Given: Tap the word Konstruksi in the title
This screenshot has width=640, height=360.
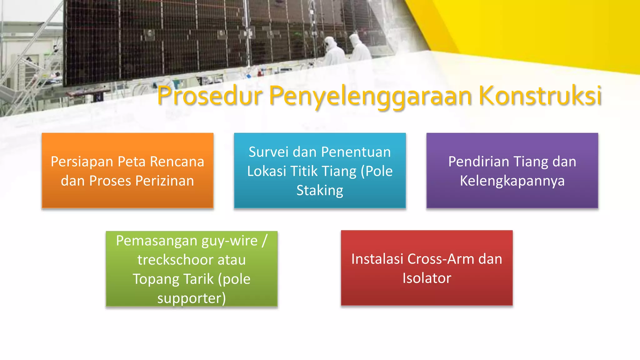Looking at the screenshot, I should (540, 96).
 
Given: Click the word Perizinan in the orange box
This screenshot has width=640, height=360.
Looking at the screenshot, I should (165, 181).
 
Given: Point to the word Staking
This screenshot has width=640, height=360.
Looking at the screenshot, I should (320, 190).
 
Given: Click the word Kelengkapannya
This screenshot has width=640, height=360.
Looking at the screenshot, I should (512, 181).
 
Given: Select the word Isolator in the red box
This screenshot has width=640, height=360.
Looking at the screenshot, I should (427, 278).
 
